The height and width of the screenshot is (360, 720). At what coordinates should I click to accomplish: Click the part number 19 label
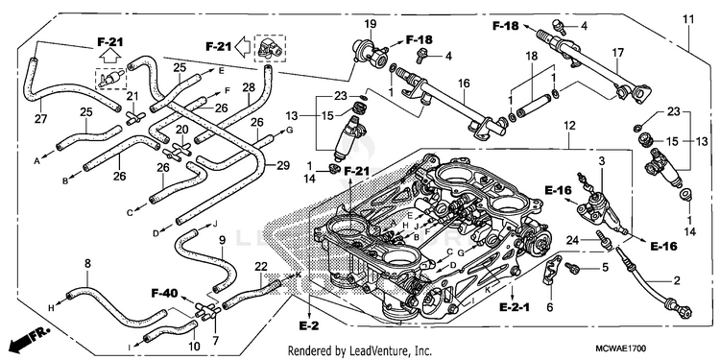pos(371,23)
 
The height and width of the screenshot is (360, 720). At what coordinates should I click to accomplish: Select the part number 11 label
pos(688,20)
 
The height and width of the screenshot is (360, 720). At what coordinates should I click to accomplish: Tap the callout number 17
pos(617,53)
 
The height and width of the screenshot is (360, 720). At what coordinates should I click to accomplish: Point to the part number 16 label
pos(464,84)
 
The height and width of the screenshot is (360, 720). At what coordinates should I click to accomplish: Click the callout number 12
pos(570,125)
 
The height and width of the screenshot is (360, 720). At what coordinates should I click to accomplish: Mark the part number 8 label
pos(87,263)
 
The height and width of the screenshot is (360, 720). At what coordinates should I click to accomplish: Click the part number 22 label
pos(261,267)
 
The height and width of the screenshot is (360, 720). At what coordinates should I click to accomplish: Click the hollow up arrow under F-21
pos(110,57)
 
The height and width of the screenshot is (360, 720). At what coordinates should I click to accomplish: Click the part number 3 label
pos(601,160)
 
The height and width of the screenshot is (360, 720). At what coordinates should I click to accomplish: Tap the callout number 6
pos(550,307)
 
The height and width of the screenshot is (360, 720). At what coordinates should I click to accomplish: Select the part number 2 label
pos(677,280)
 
